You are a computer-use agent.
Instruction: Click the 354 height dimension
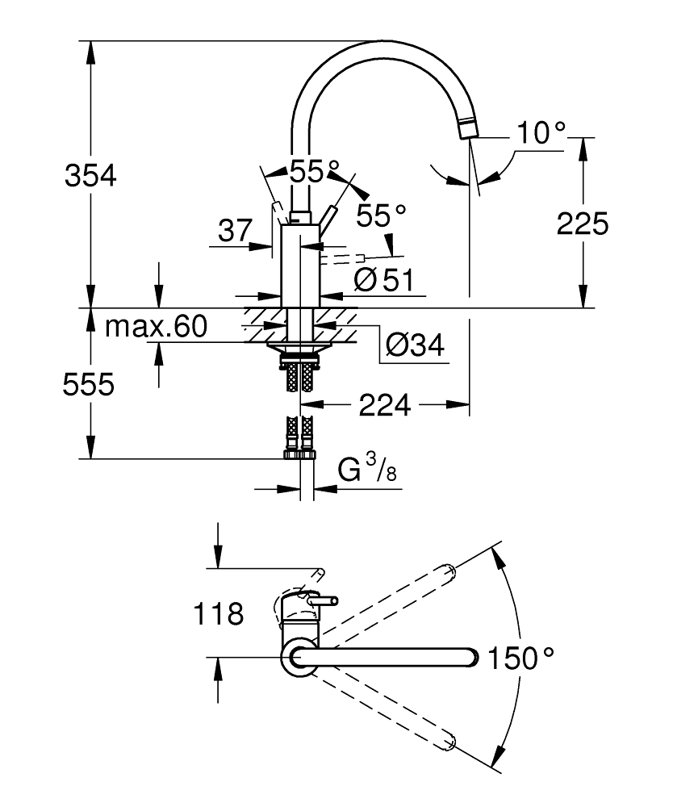coord(91,175)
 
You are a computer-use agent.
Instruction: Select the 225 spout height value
coord(582,224)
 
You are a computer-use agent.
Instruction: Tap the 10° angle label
coord(539,134)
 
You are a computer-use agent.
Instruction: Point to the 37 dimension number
coord(236,232)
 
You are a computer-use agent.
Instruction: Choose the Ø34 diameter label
coord(414,345)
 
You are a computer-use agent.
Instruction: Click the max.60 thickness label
coord(157,327)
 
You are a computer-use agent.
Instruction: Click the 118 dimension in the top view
coord(218,615)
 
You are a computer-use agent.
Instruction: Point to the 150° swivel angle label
coord(520,659)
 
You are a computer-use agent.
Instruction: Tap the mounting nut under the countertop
coord(299,348)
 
